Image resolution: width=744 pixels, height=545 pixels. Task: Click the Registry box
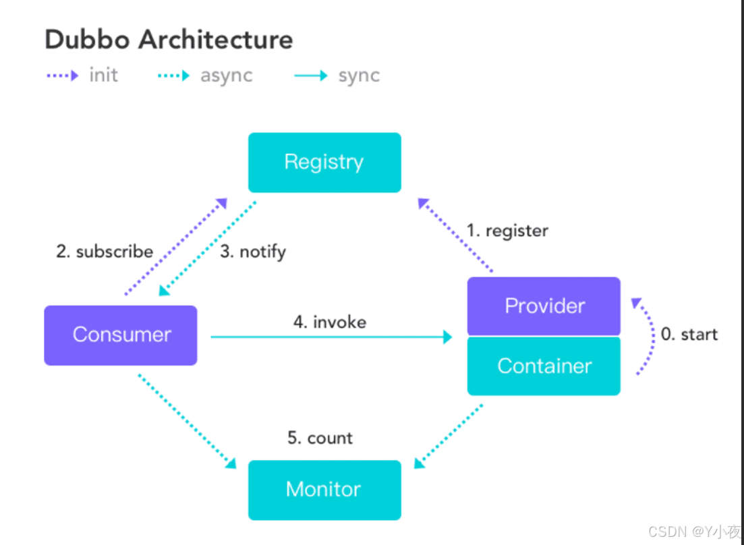coord(324,163)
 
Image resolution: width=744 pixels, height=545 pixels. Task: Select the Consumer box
coord(121,335)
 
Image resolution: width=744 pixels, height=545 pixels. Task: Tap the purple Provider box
coord(544,306)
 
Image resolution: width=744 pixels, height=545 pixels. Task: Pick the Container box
coord(544,366)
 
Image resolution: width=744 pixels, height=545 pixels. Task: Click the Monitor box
coord(324,490)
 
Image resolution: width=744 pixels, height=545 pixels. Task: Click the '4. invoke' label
coord(329,322)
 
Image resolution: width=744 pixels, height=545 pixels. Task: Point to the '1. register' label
coord(507,231)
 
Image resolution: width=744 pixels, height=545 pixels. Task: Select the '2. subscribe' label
coord(105,252)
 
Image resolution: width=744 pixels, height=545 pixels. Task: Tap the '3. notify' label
coord(253,252)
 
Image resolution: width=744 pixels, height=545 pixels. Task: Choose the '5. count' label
coord(320,438)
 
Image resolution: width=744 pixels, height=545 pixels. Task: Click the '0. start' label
coord(689,335)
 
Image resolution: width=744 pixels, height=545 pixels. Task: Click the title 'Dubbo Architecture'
coord(169,40)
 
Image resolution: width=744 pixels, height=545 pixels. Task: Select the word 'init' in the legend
coord(103,75)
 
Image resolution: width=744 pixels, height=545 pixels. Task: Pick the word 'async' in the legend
coord(226,75)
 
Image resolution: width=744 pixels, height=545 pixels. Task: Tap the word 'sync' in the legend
coord(359,75)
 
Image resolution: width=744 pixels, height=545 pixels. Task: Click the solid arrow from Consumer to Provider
coord(331,337)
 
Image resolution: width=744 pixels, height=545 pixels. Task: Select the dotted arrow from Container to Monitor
coord(449,436)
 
